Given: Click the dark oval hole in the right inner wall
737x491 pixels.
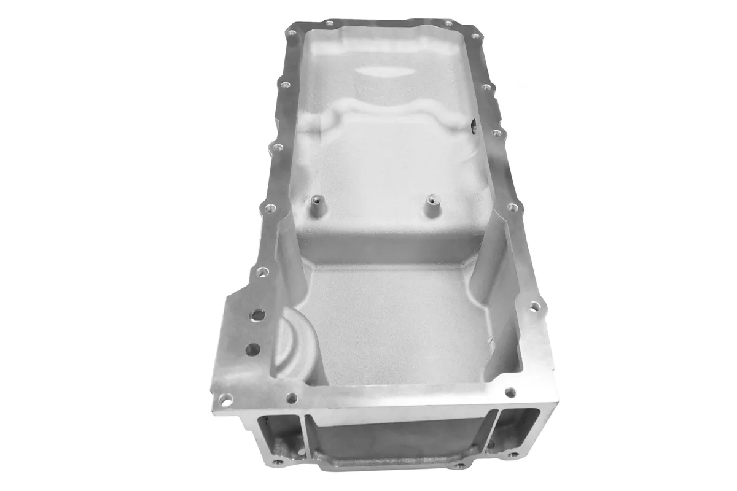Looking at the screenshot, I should (x=474, y=127).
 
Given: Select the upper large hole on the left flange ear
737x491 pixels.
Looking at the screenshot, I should (x=257, y=315).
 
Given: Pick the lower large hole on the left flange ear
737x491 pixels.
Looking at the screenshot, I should (x=252, y=348).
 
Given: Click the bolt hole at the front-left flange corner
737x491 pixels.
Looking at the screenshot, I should (x=225, y=400).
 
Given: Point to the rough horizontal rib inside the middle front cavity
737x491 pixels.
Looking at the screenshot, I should (x=399, y=457).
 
